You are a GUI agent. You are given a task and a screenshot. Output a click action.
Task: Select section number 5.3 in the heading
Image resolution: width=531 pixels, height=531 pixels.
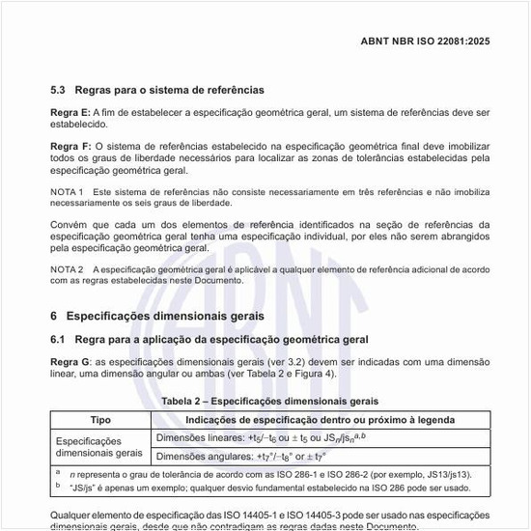coord(57,90)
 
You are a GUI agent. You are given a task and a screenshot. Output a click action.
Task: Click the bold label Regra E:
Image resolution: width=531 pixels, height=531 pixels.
coord(71,113)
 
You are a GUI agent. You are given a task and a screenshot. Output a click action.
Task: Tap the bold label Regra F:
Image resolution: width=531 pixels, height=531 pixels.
coord(71,145)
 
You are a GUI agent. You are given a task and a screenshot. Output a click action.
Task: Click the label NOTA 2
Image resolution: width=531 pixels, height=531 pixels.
coord(67,268)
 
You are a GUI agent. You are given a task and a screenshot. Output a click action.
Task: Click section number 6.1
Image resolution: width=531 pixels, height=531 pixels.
coord(57,339)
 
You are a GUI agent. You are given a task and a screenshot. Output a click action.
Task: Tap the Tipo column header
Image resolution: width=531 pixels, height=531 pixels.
coord(100,420)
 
